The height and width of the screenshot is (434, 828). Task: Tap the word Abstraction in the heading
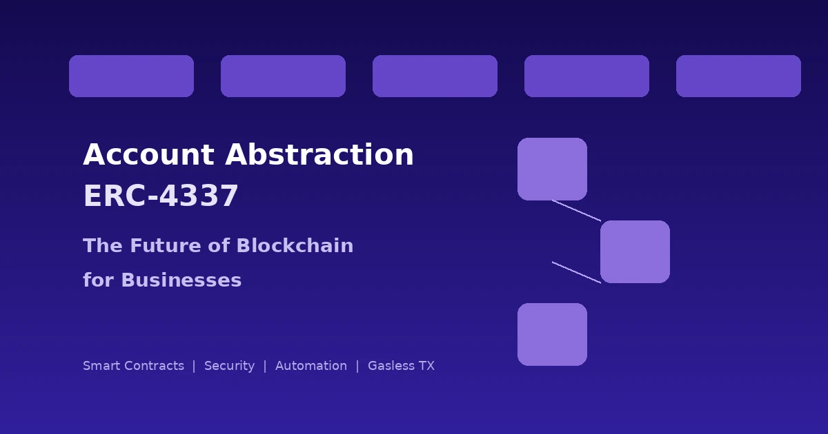point(319,155)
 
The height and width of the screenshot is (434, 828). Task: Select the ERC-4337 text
point(161,196)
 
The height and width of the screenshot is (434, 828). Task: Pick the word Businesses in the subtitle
point(181,280)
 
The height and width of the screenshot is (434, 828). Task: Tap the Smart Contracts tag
point(133,366)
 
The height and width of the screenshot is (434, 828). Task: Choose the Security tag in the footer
point(229,366)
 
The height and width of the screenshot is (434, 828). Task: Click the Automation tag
point(311,366)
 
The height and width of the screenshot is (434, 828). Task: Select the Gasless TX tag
point(401,366)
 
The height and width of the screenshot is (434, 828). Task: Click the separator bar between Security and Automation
point(265,366)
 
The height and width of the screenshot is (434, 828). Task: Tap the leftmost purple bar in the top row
point(131,76)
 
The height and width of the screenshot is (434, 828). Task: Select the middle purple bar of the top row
point(435,76)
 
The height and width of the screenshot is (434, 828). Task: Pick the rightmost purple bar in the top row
point(738,76)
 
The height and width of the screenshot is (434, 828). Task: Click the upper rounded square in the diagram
point(552,169)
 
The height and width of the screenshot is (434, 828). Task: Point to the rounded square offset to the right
point(635,251)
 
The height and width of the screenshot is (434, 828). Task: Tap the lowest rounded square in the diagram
point(552,334)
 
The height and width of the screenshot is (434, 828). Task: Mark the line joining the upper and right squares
point(576,210)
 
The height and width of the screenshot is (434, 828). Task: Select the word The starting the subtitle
point(100,246)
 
